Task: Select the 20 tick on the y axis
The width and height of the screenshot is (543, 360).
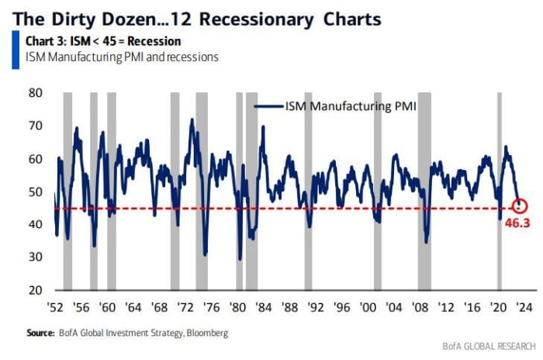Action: (x=36, y=290)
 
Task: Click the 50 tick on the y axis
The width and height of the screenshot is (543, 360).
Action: (x=36, y=192)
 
